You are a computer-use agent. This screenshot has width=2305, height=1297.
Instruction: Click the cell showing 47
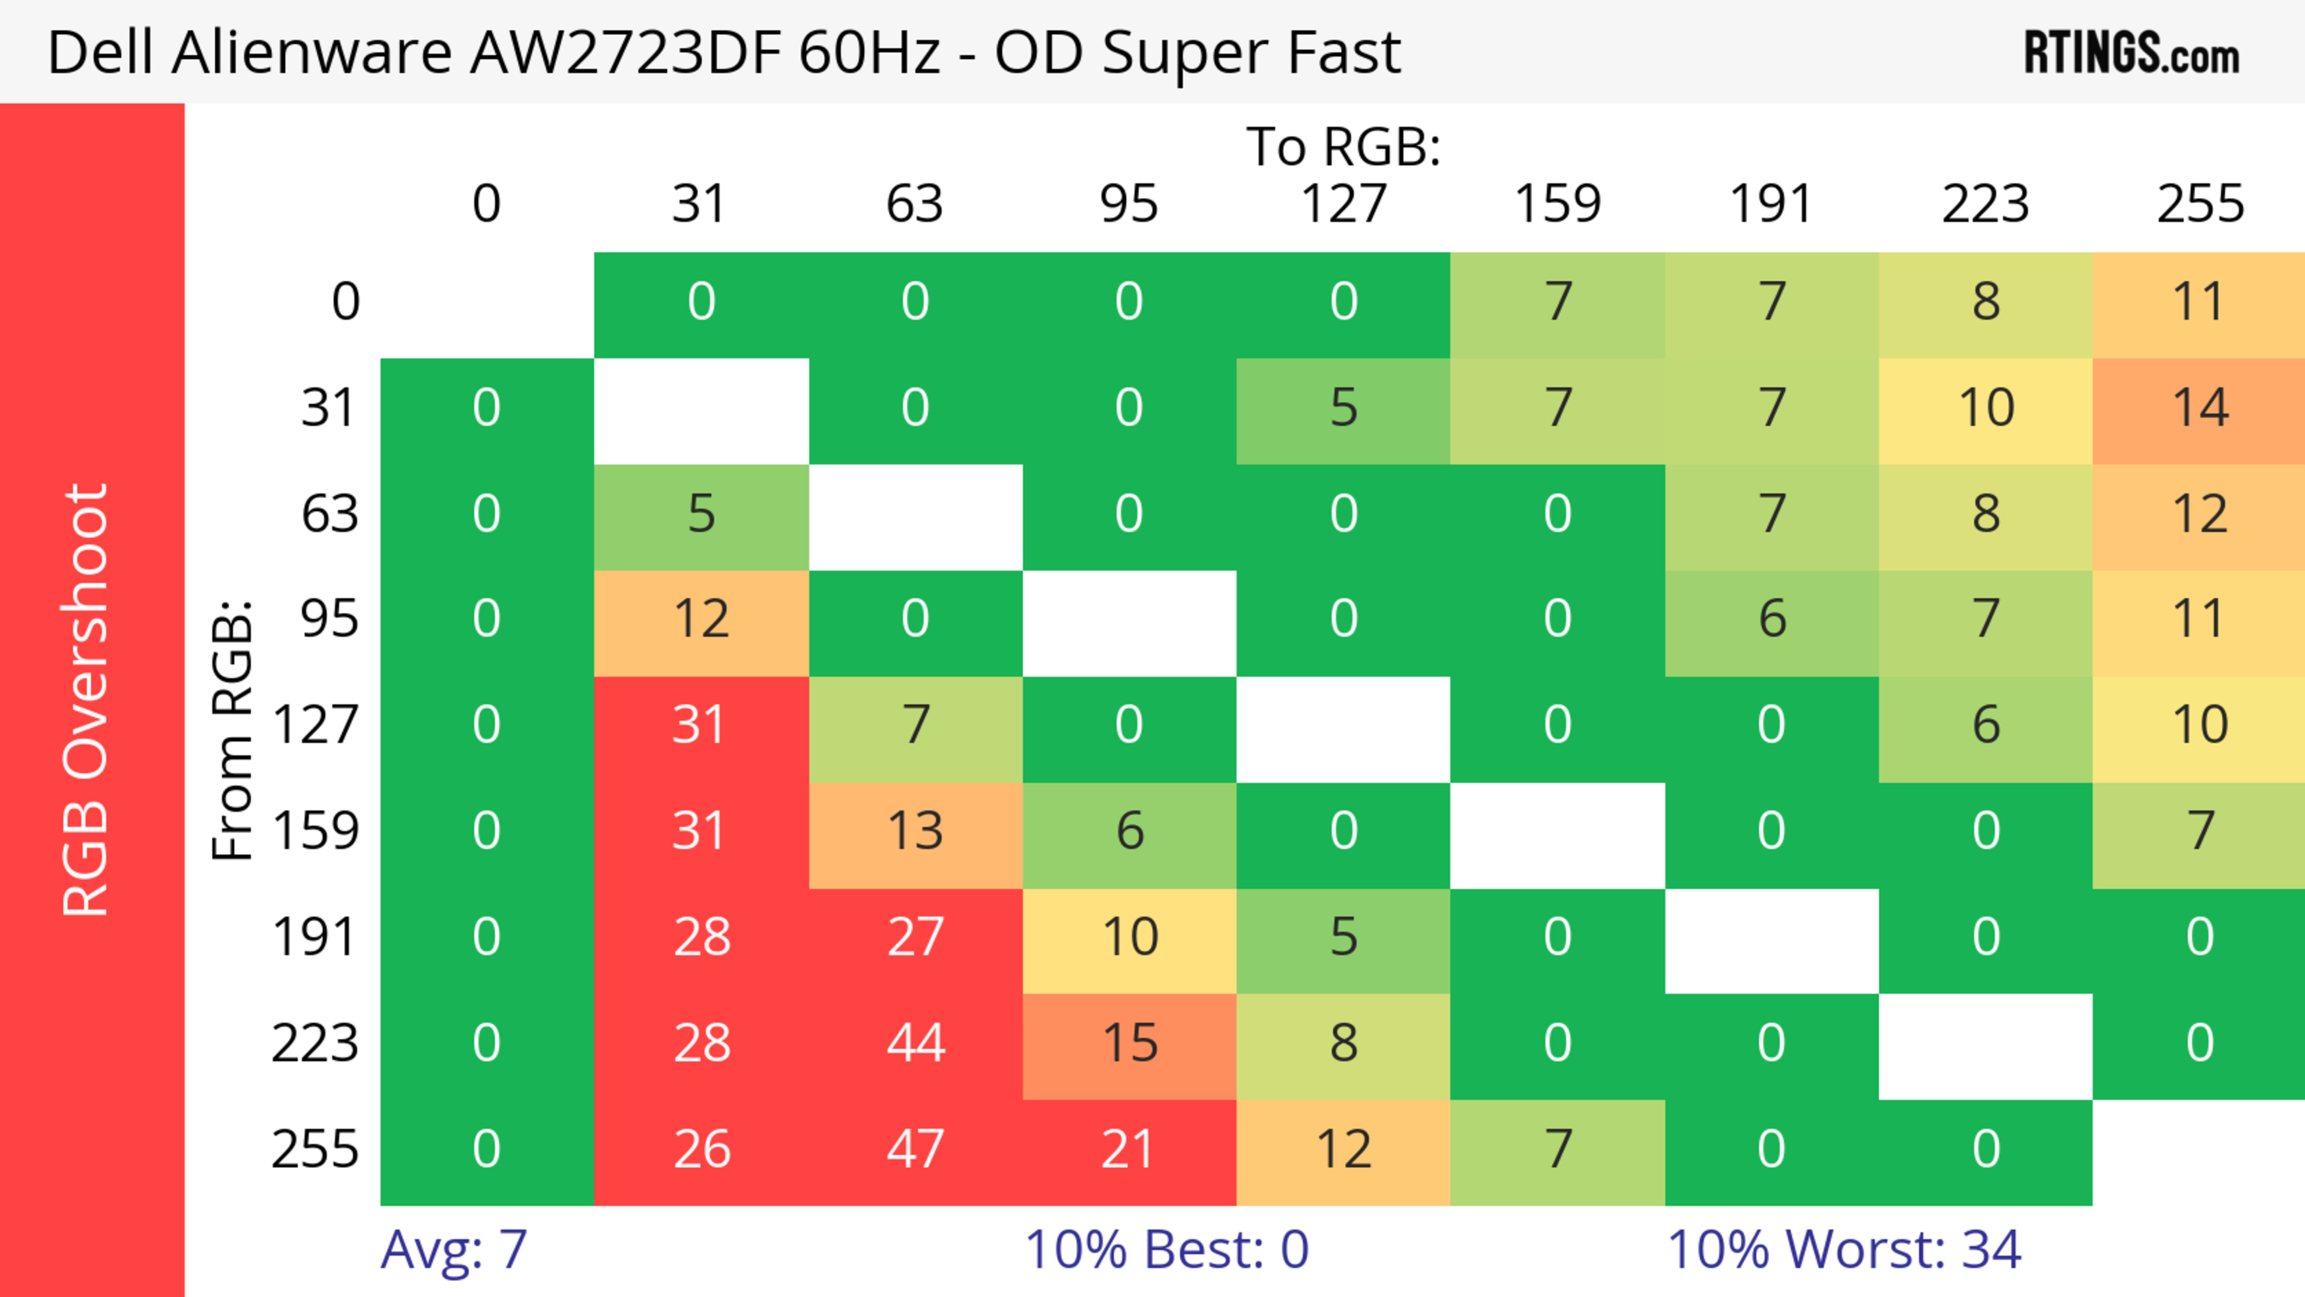click(915, 1149)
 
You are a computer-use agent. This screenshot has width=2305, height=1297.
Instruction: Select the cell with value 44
click(915, 1044)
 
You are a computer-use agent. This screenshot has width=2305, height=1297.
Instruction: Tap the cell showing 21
click(1128, 1149)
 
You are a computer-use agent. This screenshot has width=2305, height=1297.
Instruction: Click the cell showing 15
click(1129, 1044)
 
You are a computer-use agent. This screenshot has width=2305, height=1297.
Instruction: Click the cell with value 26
click(702, 1149)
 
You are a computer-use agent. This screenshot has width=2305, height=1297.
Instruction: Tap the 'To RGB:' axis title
click(1343, 146)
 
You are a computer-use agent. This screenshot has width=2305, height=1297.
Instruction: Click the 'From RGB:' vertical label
click(233, 731)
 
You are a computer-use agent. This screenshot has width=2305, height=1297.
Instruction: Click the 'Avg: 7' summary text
click(454, 1250)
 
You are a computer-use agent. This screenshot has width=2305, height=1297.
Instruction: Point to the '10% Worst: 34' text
click(1843, 1250)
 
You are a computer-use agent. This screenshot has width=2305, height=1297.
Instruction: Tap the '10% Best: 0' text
click(1166, 1250)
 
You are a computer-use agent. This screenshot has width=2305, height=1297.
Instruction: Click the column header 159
click(1557, 204)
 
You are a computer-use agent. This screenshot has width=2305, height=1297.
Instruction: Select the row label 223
click(315, 1044)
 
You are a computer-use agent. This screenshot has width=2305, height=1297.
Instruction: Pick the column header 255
click(2199, 204)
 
